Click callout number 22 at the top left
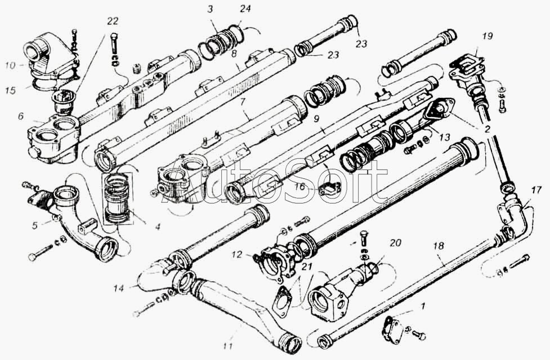click(113, 21)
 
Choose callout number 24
click(244, 10)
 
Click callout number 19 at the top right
click(487, 36)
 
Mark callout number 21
click(306, 267)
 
